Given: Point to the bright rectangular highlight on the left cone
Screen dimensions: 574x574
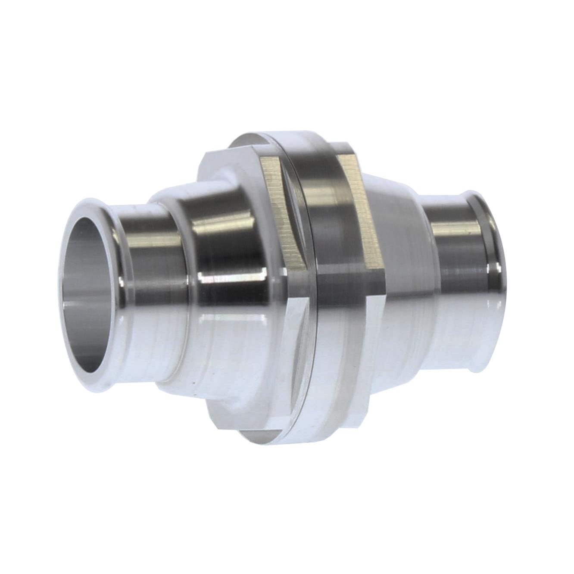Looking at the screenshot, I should point(233,276).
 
